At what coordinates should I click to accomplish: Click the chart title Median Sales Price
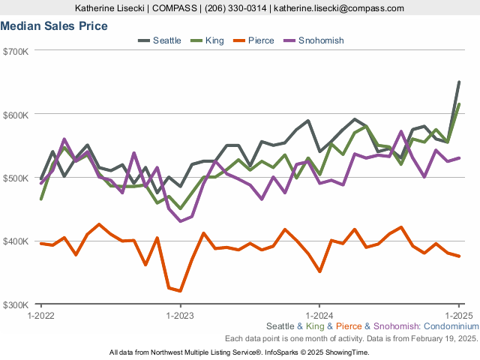click(54, 26)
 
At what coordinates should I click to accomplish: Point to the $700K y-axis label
click(16, 51)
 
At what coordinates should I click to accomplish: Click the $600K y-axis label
click(16, 115)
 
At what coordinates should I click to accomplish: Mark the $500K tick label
click(16, 178)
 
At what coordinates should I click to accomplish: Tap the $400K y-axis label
click(16, 241)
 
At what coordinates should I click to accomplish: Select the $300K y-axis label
click(16, 305)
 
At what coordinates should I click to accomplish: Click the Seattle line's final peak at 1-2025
click(459, 82)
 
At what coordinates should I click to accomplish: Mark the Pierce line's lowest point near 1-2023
click(180, 291)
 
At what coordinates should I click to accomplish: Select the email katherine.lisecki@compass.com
click(339, 8)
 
